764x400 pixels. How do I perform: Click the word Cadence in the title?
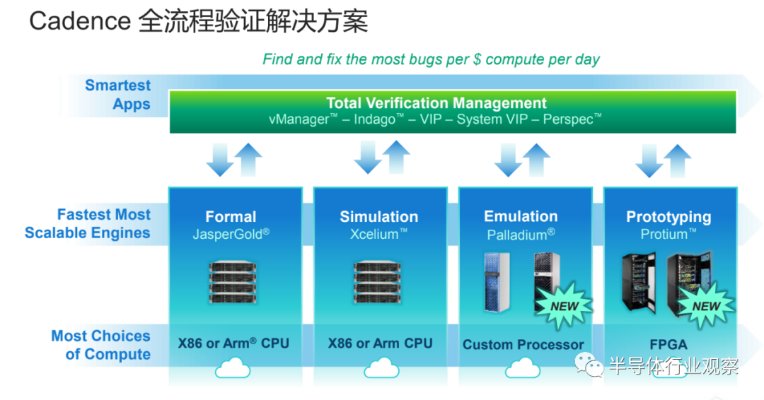pyautogui.click(x=80, y=21)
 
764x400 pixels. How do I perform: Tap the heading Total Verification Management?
pyautogui.click(x=436, y=103)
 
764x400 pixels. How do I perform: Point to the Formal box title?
pyautogui.click(x=231, y=216)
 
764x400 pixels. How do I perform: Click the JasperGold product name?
pyautogui.click(x=231, y=234)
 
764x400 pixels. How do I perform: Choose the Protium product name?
pyautogui.click(x=668, y=234)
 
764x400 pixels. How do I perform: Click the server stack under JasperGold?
pyautogui.click(x=233, y=282)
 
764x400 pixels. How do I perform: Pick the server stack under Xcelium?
pyautogui.click(x=377, y=282)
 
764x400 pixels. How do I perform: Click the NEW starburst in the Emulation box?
pyautogui.click(x=564, y=306)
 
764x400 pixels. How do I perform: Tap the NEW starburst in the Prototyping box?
pyautogui.click(x=705, y=306)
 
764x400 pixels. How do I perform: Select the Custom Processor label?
pyautogui.click(x=523, y=345)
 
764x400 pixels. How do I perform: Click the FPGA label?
pyautogui.click(x=668, y=345)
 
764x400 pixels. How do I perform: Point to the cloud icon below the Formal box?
pyautogui.click(x=233, y=368)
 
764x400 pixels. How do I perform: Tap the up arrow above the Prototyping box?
pyautogui.click(x=677, y=160)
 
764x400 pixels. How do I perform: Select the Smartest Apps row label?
pyautogui.click(x=118, y=95)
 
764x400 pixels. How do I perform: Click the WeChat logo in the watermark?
pyautogui.click(x=589, y=365)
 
